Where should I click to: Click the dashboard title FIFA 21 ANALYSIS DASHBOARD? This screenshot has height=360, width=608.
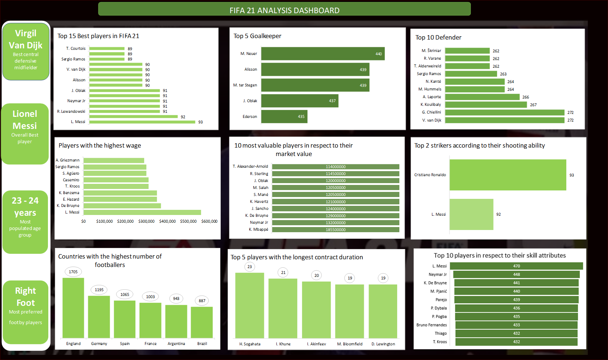(x=284, y=10)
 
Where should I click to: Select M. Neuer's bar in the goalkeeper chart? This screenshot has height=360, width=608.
(x=322, y=54)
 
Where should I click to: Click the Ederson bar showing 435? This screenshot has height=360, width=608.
(x=284, y=116)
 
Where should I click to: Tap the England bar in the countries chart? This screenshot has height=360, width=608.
(x=73, y=308)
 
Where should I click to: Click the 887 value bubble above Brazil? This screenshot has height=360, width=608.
(x=202, y=301)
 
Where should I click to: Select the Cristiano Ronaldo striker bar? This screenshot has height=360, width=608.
(x=507, y=175)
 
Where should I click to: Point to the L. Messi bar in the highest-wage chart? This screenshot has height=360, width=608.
(x=142, y=212)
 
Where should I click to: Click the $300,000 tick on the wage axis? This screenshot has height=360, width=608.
(x=146, y=221)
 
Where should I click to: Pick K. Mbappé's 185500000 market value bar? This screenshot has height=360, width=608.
(x=335, y=230)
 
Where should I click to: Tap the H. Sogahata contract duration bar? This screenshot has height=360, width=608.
(x=250, y=305)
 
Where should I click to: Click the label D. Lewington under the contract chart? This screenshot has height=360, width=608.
(x=383, y=344)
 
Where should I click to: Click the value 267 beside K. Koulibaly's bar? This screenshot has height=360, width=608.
(x=533, y=105)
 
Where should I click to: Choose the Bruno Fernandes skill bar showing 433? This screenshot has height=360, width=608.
(x=516, y=325)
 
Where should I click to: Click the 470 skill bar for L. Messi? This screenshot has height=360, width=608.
(x=516, y=266)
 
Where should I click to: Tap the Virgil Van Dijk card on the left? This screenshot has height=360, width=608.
(x=26, y=51)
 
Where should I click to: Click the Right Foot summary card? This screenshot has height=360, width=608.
(x=26, y=312)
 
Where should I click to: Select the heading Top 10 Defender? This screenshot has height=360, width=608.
(x=438, y=37)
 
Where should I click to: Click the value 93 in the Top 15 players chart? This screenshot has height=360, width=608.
(x=200, y=122)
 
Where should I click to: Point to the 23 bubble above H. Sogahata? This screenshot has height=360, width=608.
(x=250, y=267)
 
